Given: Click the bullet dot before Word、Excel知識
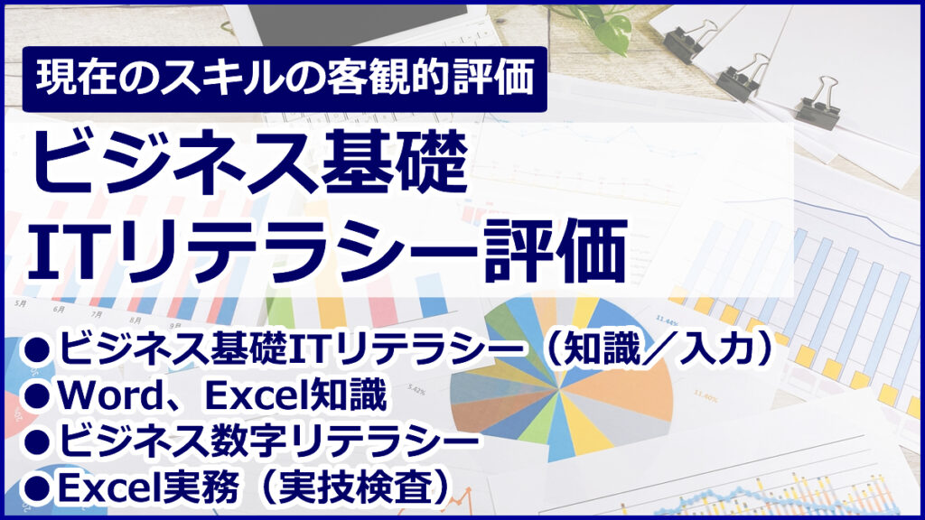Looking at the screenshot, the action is pos(37,396).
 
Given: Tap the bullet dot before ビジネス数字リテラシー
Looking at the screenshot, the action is pos(37,442).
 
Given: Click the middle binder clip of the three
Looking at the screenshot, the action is pos(742,78).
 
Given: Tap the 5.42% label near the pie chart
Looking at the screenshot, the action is pos(417,390).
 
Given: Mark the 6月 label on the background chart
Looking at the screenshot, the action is pos(59,309).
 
